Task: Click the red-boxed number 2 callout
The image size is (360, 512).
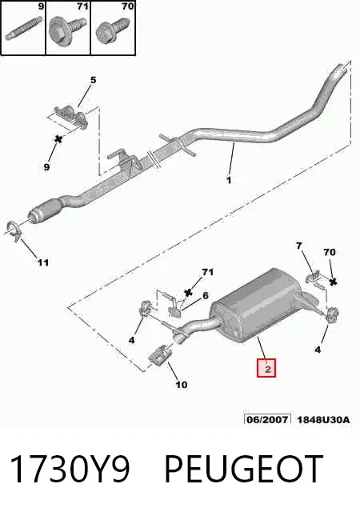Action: (266, 368)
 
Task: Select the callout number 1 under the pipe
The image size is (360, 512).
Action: (229, 180)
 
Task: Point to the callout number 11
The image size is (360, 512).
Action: (43, 262)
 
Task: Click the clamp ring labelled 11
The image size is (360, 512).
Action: (13, 231)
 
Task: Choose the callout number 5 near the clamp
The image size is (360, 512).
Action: (93, 80)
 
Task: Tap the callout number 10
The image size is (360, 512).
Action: (182, 384)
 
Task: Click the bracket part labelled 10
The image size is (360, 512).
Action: (160, 355)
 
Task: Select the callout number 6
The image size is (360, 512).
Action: (205, 295)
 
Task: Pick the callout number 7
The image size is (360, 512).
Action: (299, 246)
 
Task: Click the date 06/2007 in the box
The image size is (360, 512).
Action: (267, 419)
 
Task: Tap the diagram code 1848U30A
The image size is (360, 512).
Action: (323, 419)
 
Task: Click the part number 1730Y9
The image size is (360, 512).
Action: (70, 469)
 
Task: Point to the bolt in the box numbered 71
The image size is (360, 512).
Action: (66, 30)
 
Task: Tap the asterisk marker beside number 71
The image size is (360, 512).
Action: (188, 293)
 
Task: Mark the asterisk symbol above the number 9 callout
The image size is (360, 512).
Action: (58, 139)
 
